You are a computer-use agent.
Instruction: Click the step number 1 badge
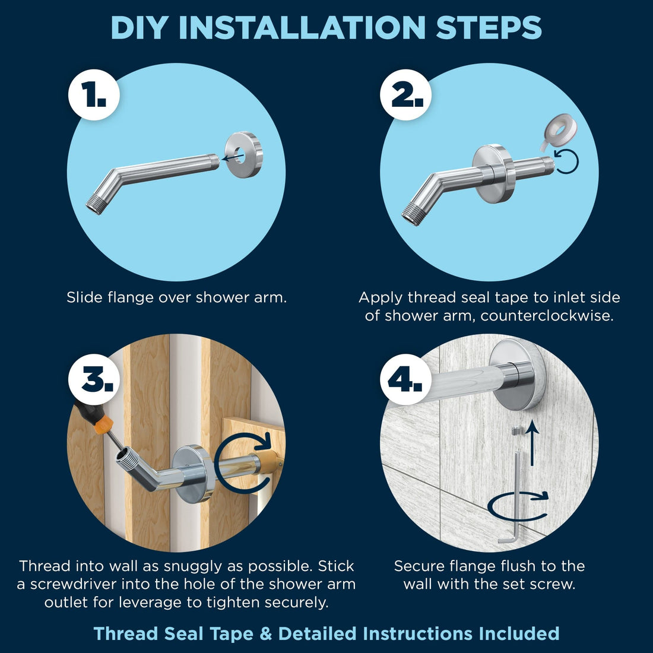(94, 95)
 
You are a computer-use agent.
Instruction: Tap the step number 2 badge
(405, 95)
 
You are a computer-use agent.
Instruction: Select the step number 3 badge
(94, 379)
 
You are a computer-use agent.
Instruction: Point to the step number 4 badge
(405, 379)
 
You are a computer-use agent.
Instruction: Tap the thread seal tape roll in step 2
(559, 132)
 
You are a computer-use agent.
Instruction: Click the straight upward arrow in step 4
(532, 443)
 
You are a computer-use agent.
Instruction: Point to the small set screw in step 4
(516, 430)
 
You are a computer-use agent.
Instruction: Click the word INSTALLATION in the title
(302, 28)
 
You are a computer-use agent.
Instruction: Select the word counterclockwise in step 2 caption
(547, 316)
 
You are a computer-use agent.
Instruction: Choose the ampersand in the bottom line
(265, 634)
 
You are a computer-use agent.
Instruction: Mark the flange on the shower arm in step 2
(494, 173)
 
